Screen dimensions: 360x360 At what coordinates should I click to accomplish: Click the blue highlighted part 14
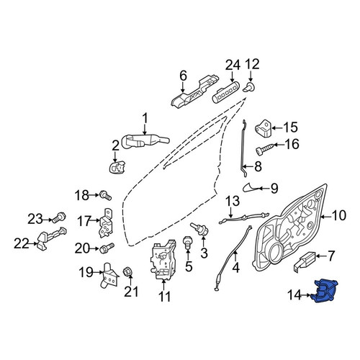[x=324, y=291]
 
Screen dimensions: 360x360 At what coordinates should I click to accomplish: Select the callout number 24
[x=233, y=66]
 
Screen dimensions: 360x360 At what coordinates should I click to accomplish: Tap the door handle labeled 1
[x=145, y=141]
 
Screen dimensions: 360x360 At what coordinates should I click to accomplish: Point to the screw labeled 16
[x=265, y=148]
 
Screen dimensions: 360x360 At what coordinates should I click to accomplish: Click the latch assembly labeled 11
[x=163, y=260]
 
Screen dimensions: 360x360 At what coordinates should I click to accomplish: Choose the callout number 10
[x=338, y=215]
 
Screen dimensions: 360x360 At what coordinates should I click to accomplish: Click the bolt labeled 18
[x=106, y=195]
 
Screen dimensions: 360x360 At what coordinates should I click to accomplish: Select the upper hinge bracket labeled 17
[x=106, y=223]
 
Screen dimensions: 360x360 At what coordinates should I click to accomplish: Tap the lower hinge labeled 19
[x=109, y=275]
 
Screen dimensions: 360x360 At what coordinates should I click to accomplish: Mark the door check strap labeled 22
[x=51, y=238]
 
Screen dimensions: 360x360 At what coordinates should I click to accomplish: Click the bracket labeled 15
[x=263, y=128]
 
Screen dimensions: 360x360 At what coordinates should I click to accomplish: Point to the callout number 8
[x=258, y=166]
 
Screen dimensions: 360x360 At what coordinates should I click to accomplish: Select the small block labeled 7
[x=305, y=261]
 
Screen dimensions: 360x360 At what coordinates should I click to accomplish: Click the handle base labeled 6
[x=195, y=91]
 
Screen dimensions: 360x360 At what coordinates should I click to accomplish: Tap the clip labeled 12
[x=249, y=87]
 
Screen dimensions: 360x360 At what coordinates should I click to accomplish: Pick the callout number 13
[x=233, y=201]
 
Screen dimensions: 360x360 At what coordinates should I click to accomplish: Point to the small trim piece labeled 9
[x=250, y=186]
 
